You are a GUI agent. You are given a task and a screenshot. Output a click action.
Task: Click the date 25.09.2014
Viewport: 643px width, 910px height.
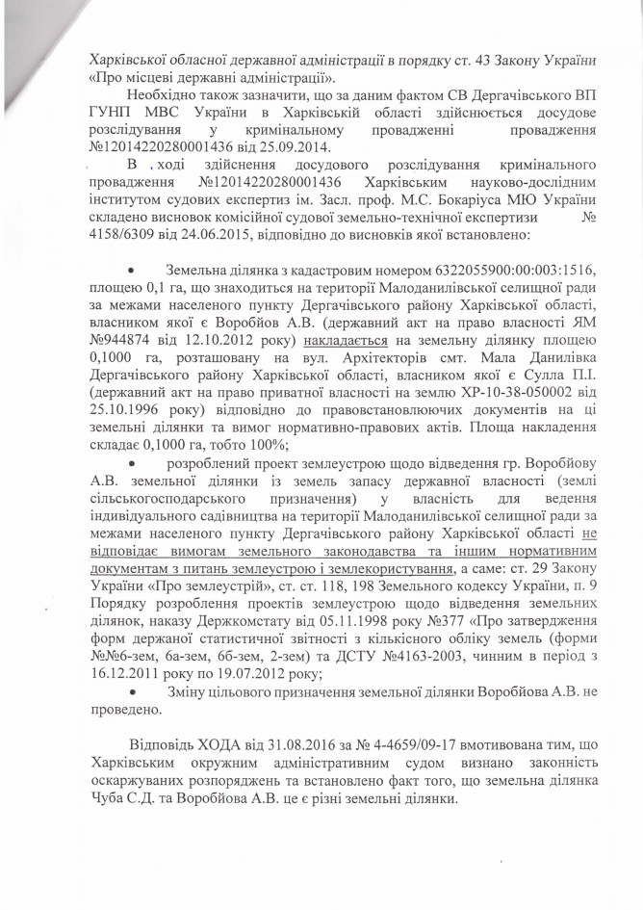(x=294, y=147)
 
